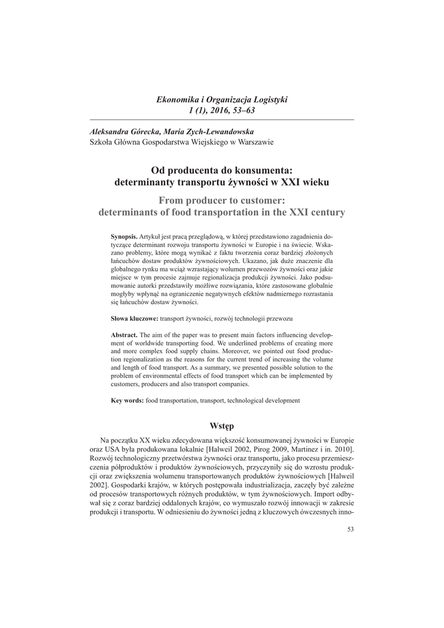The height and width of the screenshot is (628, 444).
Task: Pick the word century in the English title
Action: (x=323, y=212)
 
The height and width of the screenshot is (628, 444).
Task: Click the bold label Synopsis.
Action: (x=124, y=236)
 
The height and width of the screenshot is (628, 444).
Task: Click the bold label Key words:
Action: (x=127, y=400)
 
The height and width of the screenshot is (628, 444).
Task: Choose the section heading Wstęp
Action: (x=222, y=425)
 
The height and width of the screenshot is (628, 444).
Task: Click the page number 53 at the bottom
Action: (x=350, y=529)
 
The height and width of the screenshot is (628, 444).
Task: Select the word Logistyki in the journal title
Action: (x=270, y=99)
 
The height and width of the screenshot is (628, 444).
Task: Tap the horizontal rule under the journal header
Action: (x=222, y=119)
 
